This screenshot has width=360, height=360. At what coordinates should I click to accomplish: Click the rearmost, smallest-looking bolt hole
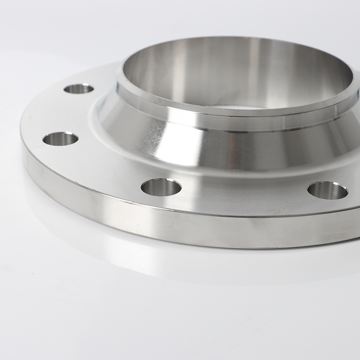click(79, 88)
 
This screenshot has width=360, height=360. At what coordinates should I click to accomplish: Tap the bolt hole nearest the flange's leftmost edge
click(60, 139)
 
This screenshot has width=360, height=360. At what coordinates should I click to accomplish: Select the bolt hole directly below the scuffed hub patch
click(161, 187)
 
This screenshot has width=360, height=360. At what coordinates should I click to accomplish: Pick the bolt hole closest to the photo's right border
click(328, 190)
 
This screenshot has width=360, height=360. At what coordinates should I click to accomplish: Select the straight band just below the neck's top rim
click(225, 121)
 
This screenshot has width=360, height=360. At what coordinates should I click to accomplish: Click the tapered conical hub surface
click(252, 148)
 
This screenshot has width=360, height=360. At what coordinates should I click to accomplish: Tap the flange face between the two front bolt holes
click(243, 193)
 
